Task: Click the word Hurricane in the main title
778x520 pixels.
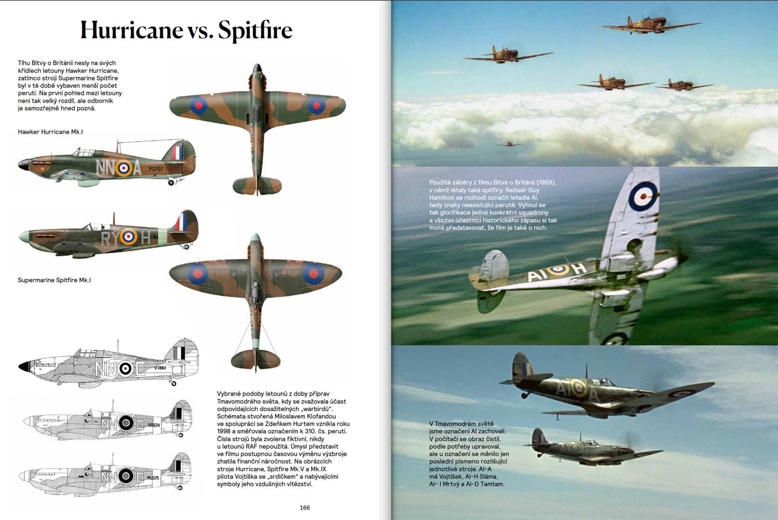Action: (131, 30)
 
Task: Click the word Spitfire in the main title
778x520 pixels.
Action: (255, 30)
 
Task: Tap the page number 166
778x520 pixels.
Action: (305, 508)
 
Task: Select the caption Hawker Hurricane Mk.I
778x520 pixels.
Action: (50, 132)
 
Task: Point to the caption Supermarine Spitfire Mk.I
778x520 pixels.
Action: (54, 280)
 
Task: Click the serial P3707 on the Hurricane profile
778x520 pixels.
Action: (156, 169)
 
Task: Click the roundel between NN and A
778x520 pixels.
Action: (123, 167)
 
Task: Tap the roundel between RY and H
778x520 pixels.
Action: (128, 237)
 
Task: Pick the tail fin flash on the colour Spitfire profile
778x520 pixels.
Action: (181, 222)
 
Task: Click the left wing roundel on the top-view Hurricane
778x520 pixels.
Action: (198, 106)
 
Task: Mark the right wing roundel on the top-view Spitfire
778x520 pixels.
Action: (313, 273)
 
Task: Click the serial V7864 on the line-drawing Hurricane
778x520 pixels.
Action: (160, 368)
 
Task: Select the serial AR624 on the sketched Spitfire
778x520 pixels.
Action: (154, 425)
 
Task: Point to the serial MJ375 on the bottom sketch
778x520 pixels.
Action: (153, 477)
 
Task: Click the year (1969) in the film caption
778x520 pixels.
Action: (546, 182)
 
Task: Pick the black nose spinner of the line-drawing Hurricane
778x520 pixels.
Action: (24, 367)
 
